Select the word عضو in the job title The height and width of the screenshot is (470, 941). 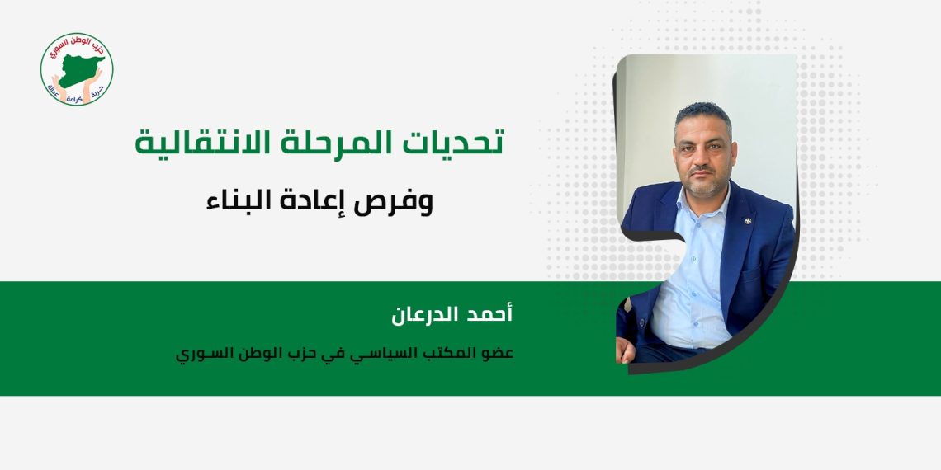(x=499, y=353)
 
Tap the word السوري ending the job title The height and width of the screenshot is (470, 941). (x=199, y=353)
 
